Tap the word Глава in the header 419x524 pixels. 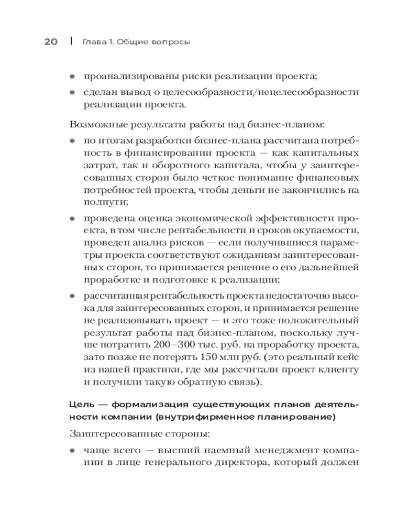click(93, 42)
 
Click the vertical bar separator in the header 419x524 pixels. click(71, 41)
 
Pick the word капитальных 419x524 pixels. click(328, 153)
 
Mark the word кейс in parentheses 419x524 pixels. click(346, 358)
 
